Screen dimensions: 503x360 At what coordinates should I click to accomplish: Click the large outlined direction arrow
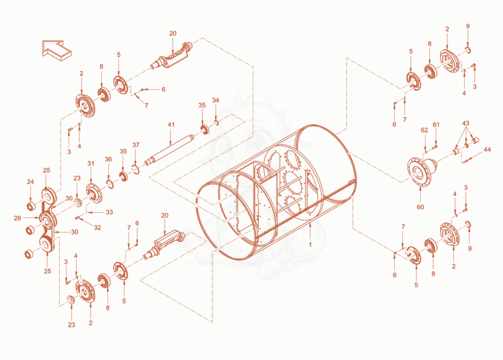(56, 50)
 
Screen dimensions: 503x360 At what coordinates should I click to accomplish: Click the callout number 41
(171, 124)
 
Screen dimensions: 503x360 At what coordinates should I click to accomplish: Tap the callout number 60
(420, 207)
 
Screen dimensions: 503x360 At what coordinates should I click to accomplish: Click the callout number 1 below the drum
(310, 244)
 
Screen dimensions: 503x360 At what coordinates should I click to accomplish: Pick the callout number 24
(30, 182)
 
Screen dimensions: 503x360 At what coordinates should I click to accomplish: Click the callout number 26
(18, 218)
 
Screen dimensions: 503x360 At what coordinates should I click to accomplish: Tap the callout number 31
(91, 163)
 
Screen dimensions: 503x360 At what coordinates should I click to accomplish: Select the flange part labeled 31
(94, 193)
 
